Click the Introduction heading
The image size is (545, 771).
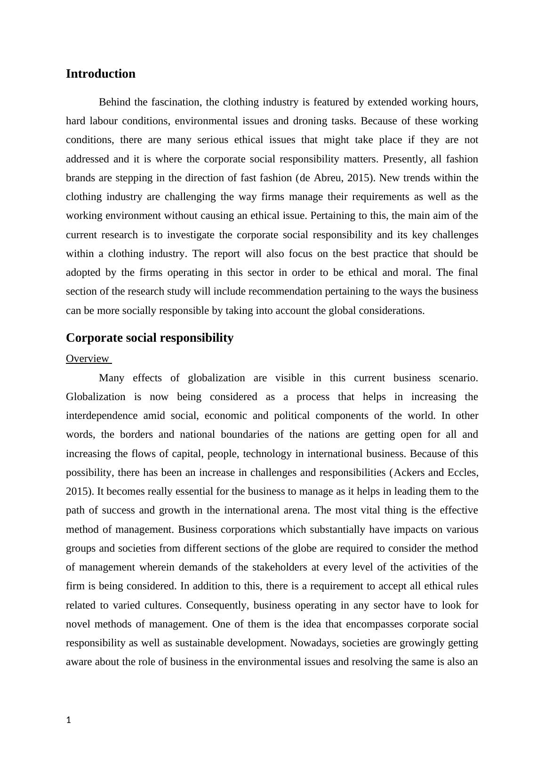tap(100, 74)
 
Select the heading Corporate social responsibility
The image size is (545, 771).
tap(149, 338)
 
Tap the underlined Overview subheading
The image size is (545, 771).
tap(88, 359)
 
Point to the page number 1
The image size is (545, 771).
tap(69, 720)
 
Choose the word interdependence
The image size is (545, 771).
tap(102, 416)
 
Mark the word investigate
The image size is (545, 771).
tap(188, 235)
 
